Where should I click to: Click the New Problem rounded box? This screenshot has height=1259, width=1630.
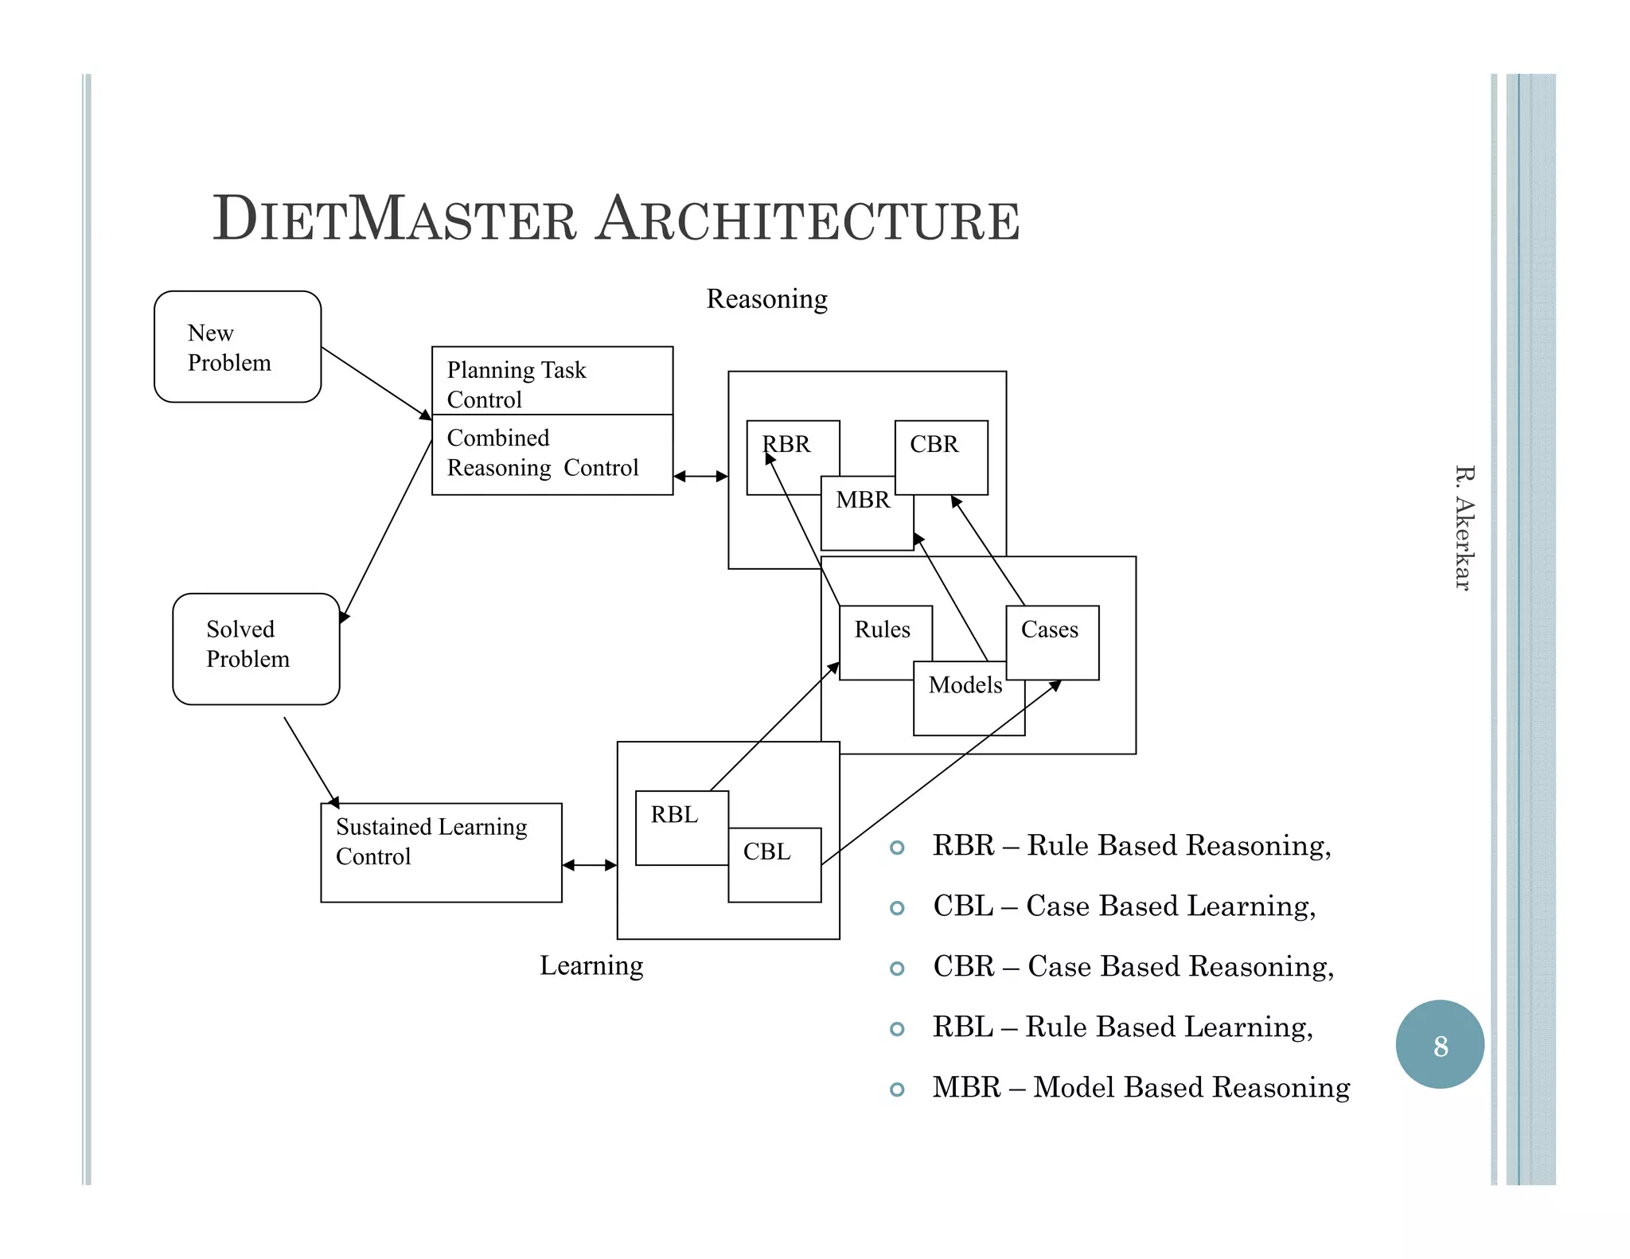tap(237, 347)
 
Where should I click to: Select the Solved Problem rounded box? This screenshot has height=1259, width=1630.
tap(255, 649)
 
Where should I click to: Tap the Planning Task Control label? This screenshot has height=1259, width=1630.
tap(516, 384)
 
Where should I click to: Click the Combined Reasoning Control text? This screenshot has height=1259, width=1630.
tap(542, 453)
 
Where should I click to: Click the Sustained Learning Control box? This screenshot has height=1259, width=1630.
tap(441, 852)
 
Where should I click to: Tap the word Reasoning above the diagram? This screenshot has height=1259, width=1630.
tap(766, 299)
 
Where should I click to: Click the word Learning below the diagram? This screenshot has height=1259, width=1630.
tap(591, 965)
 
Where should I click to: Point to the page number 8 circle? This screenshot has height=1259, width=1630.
tap(1439, 1044)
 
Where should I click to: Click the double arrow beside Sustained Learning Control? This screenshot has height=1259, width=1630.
tap(589, 865)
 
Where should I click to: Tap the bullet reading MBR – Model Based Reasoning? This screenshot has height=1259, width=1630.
tap(1140, 1087)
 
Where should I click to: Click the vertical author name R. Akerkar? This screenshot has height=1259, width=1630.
tap(1463, 528)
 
